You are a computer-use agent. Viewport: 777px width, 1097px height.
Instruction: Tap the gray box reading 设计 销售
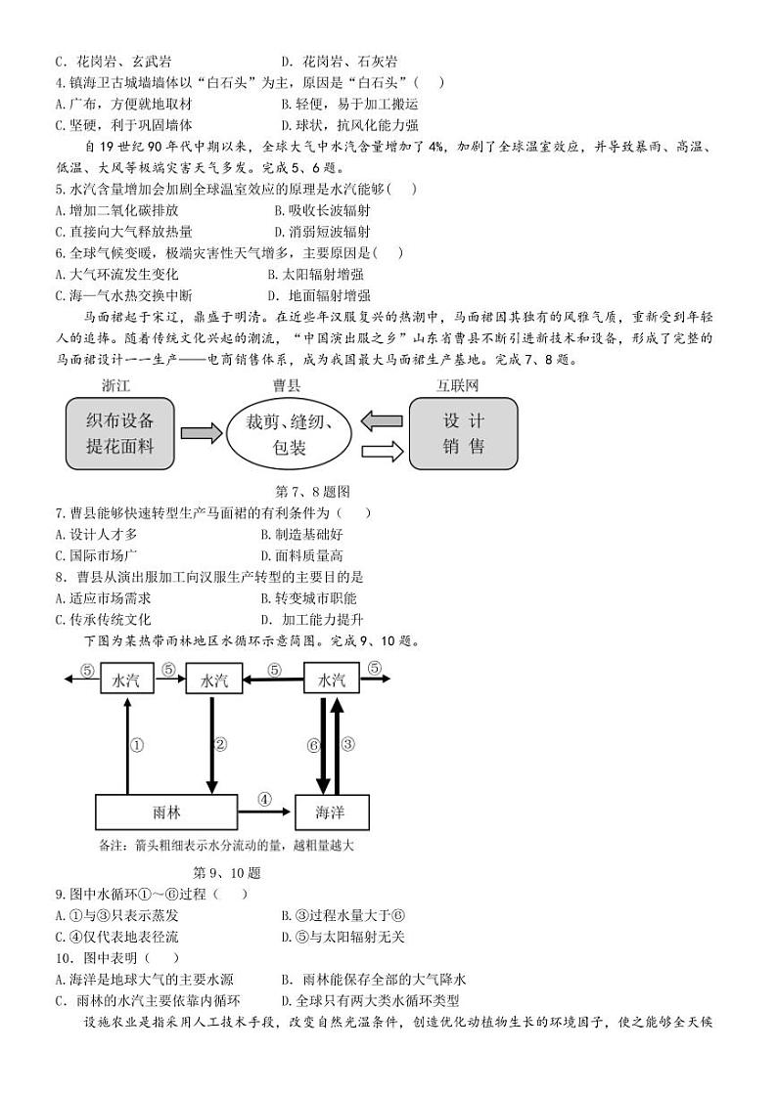463,434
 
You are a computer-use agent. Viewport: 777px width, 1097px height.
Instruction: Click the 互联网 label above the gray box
458,385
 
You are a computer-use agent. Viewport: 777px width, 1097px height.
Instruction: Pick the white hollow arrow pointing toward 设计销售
383,451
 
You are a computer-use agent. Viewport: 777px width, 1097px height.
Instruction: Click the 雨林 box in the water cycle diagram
166,812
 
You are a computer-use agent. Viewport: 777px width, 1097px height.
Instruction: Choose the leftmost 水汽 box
127,680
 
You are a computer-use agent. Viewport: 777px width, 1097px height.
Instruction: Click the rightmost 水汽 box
332,680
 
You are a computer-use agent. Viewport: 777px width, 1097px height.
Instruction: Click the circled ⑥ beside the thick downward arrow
313,745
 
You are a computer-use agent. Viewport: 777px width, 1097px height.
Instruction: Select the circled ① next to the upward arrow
137,745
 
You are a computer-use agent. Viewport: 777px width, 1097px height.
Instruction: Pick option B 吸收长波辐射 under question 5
322,210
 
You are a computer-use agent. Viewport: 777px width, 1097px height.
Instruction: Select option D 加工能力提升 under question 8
312,620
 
